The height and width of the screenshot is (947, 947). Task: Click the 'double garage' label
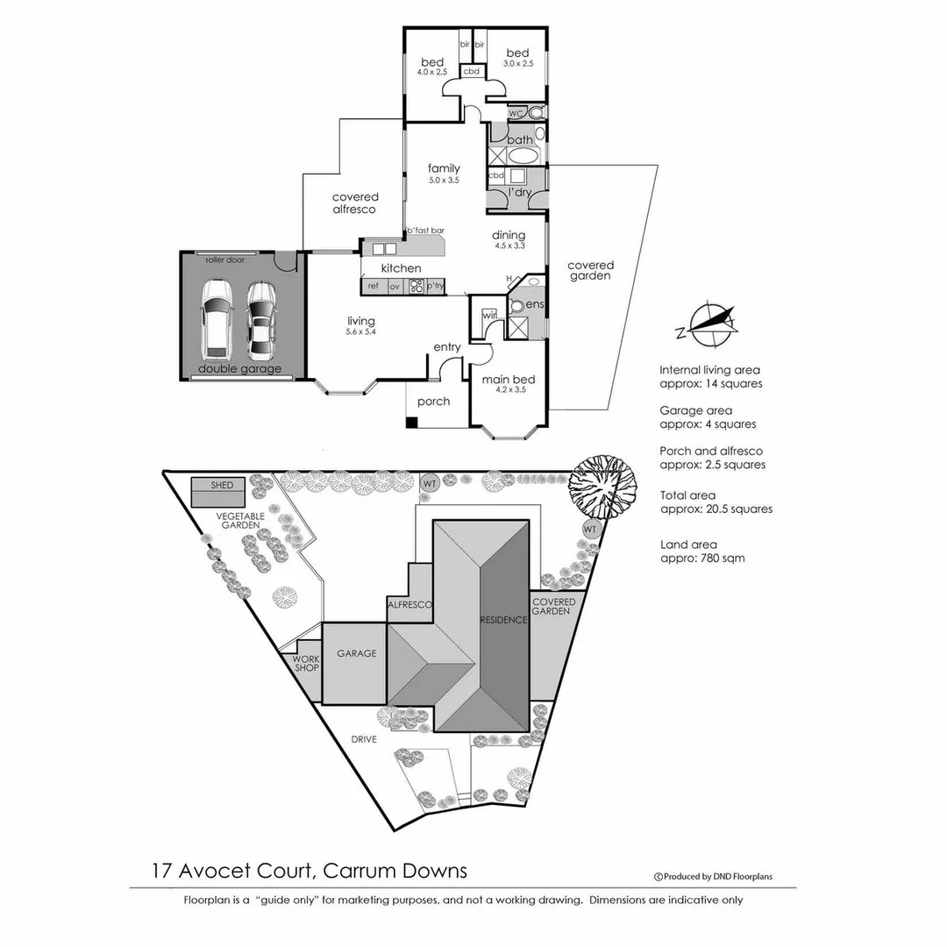pyautogui.click(x=239, y=369)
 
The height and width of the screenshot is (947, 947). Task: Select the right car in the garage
pyautogui.click(x=261, y=319)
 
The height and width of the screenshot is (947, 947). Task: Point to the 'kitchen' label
pyautogui.click(x=401, y=267)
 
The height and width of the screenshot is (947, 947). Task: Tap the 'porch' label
pyautogui.click(x=433, y=402)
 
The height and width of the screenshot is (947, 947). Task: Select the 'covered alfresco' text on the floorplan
pyautogui.click(x=354, y=203)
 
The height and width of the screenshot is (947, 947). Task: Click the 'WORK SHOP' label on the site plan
pyautogui.click(x=306, y=664)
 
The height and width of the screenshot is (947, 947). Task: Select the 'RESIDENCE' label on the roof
pyautogui.click(x=503, y=620)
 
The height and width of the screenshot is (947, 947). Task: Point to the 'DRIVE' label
pyautogui.click(x=363, y=739)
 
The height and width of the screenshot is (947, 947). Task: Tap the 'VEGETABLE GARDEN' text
pyautogui.click(x=239, y=522)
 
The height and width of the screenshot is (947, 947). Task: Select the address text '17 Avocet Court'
pyautogui.click(x=232, y=871)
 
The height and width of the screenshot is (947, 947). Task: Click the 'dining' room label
pyautogui.click(x=509, y=235)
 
